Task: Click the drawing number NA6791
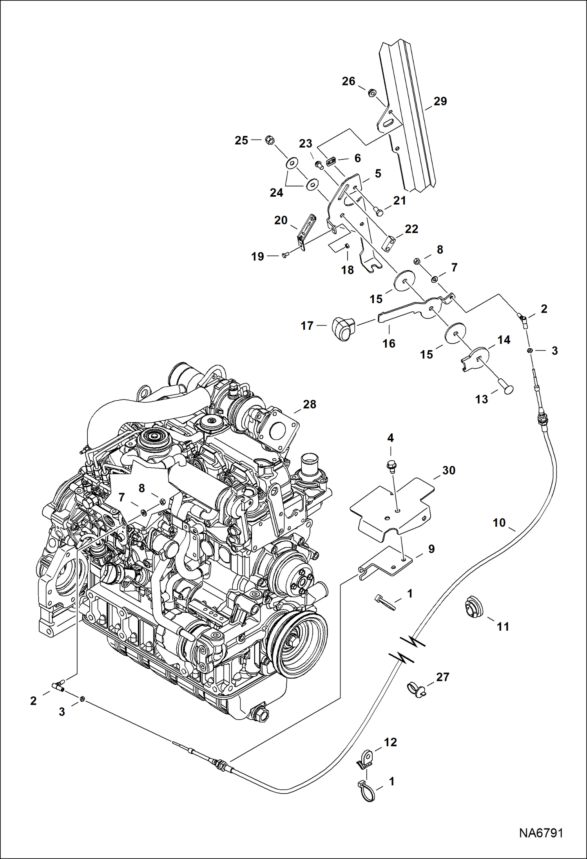pos(541,833)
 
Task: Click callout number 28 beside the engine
pos(309,405)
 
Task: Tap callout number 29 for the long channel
pos(440,101)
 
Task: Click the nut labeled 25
pos(269,139)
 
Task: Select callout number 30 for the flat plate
pos(448,470)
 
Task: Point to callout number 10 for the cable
pos(499,523)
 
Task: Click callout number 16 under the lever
pos(389,344)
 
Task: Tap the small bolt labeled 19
pos(285,255)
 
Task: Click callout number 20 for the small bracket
pos(281,221)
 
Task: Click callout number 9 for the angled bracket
pos(431,549)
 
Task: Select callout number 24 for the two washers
pos(276,193)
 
